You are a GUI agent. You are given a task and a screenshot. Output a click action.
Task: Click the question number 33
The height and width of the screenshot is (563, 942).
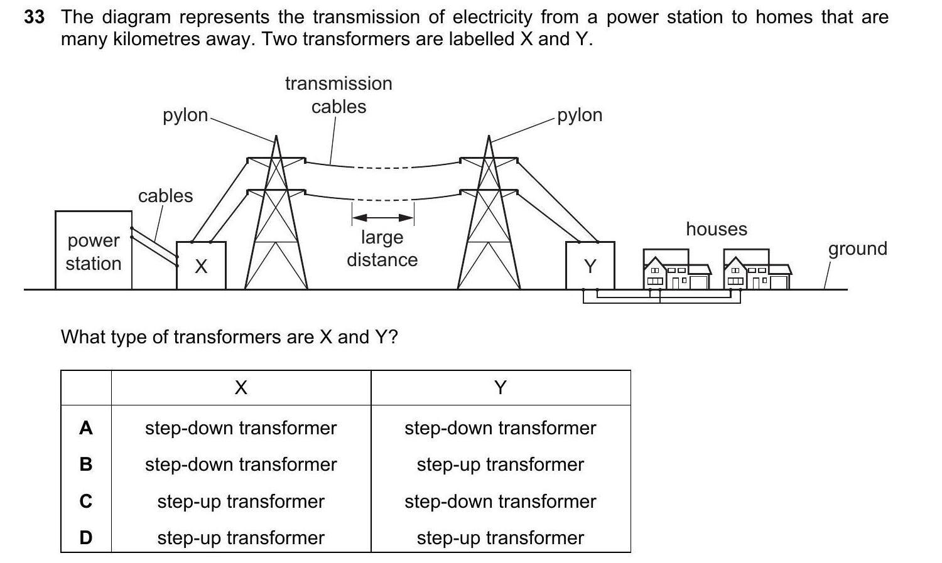tap(34, 17)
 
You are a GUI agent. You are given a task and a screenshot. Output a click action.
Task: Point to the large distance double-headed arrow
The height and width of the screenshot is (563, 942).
tap(382, 218)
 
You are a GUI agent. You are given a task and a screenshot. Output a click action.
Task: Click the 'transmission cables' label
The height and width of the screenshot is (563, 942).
tap(338, 95)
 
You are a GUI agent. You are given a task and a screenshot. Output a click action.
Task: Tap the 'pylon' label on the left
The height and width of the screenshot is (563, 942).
tap(185, 115)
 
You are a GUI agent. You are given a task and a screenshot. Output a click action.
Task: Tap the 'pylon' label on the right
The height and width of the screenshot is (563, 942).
tap(580, 115)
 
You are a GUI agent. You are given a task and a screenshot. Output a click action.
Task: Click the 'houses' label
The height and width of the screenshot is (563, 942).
tap(717, 229)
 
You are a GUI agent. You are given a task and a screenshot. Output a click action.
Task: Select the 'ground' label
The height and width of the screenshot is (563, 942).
tap(857, 249)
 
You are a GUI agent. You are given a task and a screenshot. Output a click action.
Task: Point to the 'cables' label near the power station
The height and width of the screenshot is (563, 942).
tap(166, 196)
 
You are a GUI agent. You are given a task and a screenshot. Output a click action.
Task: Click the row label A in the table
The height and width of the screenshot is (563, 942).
tap(86, 428)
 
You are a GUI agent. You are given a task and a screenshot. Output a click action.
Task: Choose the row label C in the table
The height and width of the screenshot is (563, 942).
tap(86, 501)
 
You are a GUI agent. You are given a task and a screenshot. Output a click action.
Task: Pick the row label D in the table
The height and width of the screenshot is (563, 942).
tap(86, 538)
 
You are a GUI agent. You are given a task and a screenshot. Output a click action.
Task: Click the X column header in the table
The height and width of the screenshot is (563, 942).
tap(241, 388)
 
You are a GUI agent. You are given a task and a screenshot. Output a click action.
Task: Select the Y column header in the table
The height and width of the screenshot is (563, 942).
tap(500, 388)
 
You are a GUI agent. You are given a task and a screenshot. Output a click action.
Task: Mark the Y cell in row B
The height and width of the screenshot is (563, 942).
tap(500, 464)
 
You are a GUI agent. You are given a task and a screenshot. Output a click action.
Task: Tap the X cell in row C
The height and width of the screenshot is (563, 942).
tap(241, 501)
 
